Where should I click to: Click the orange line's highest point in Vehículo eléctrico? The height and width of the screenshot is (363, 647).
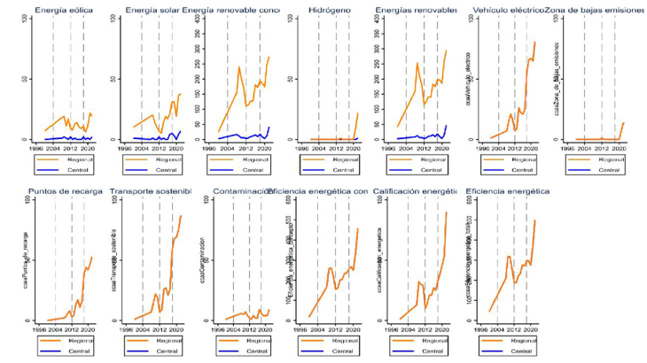click(535, 42)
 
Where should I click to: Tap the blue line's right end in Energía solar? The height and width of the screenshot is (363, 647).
click(180, 131)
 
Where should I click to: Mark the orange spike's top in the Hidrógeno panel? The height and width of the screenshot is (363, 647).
click(358, 112)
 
